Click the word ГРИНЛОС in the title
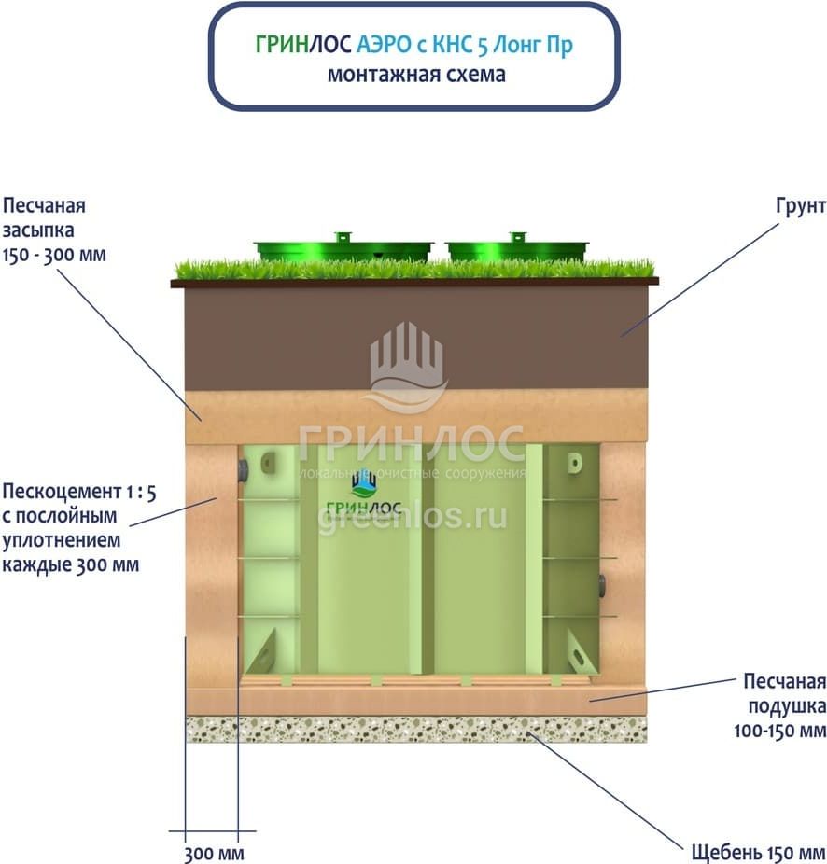[303, 44]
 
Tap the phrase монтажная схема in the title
[416, 75]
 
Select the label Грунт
[801, 206]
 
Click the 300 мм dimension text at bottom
[214, 854]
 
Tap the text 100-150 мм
[779, 731]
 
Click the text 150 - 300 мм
[54, 255]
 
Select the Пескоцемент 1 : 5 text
[78, 492]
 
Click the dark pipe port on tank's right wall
[601, 585]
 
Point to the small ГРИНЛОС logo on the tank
[364, 494]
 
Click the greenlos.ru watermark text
[413, 517]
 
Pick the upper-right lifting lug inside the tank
[574, 462]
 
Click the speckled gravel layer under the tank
[416, 729]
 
